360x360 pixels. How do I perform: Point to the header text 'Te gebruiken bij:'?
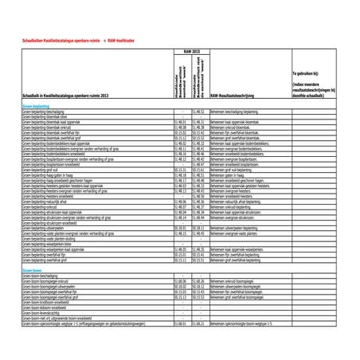coord(307,72)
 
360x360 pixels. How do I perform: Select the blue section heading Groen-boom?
coord(31,271)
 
